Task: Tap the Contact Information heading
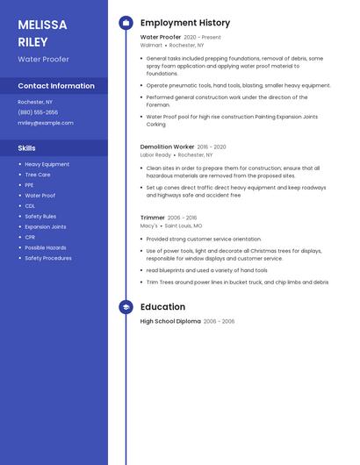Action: (56, 86)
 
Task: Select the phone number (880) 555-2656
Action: (38, 112)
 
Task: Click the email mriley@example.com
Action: (46, 123)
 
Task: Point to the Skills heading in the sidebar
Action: (27, 148)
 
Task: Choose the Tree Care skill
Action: (38, 175)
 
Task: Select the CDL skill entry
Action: (30, 206)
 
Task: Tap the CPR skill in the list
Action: (30, 237)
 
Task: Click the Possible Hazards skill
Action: (45, 247)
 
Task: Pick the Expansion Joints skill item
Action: (45, 226)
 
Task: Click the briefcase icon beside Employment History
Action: (126, 23)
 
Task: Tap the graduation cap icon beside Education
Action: (126, 307)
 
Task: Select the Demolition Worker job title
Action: (167, 147)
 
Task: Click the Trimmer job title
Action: (153, 218)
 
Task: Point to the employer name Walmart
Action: (151, 45)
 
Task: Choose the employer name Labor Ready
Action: (155, 154)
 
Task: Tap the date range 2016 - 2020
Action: (212, 147)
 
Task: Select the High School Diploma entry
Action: (170, 321)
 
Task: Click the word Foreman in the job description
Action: (158, 105)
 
